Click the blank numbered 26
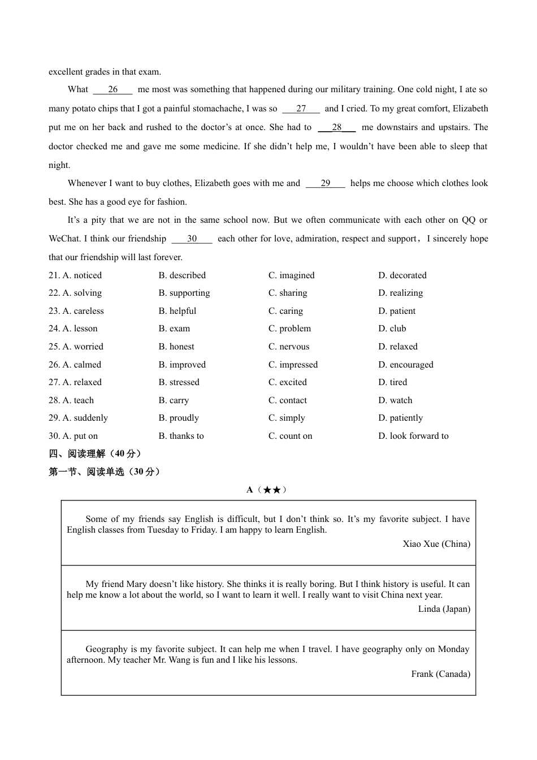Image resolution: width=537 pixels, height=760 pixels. coord(112,89)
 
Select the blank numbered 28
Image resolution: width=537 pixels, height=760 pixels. coord(337,127)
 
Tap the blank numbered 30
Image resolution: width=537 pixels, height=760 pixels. coord(192,239)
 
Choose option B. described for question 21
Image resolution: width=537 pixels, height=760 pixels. coord(182,275)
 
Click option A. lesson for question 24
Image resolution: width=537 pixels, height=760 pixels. coord(73,329)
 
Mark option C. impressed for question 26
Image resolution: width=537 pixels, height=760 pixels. coord(293,365)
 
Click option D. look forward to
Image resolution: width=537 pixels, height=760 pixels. coord(413,436)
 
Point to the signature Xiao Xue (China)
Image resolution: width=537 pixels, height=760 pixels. coord(436,544)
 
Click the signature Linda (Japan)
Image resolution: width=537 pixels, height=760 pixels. coord(444,609)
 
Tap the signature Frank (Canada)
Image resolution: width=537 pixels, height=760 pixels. coord(441,674)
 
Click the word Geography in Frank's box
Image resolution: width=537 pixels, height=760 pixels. coord(107,649)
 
